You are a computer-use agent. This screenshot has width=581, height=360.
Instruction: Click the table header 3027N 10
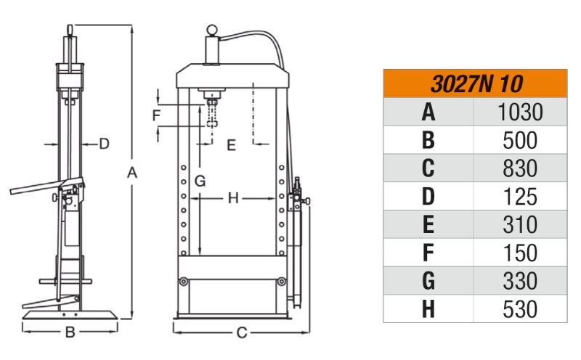pyautogui.click(x=476, y=83)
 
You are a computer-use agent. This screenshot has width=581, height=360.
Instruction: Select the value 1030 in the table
pyautogui.click(x=520, y=112)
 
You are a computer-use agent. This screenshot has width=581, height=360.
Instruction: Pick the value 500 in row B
pyautogui.click(x=520, y=140)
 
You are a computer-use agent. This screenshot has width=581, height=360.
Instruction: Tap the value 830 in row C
pyautogui.click(x=520, y=168)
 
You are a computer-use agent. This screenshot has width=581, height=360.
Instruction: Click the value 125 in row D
pyautogui.click(x=520, y=197)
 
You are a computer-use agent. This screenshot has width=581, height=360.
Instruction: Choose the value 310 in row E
pyautogui.click(x=520, y=224)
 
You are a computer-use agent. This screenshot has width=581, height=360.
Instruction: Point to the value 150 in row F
pyautogui.click(x=520, y=253)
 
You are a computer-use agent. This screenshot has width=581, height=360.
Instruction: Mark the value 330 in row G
pyautogui.click(x=520, y=281)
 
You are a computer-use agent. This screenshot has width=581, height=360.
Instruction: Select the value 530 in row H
pyautogui.click(x=520, y=308)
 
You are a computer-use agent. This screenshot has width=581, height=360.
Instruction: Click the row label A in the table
pyautogui.click(x=428, y=112)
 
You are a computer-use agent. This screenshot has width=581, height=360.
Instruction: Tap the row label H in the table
pyautogui.click(x=428, y=308)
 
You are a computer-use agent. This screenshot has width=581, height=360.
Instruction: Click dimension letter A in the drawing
pyautogui.click(x=132, y=172)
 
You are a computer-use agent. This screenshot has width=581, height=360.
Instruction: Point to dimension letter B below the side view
pyautogui.click(x=70, y=333)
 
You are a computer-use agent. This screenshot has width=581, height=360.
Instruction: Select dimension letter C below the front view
pyautogui.click(x=243, y=333)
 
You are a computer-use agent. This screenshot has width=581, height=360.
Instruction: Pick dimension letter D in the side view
pyautogui.click(x=104, y=144)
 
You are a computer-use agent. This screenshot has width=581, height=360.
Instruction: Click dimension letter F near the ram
pyautogui.click(x=156, y=115)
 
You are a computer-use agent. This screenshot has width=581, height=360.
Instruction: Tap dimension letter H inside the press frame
pyautogui.click(x=233, y=198)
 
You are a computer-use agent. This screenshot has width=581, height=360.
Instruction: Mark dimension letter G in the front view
pyautogui.click(x=201, y=179)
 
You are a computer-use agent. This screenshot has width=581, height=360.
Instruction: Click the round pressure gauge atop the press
pyautogui.click(x=213, y=31)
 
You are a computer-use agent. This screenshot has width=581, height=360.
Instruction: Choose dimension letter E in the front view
pyautogui.click(x=231, y=145)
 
